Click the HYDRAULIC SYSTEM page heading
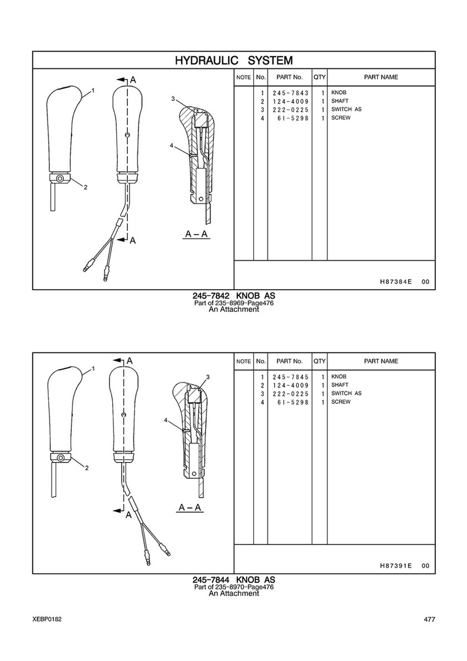pos(233,60)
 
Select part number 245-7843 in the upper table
pos(291,92)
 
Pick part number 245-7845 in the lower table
pos(291,377)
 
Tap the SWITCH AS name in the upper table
pos(346,110)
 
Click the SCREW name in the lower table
pos(341,402)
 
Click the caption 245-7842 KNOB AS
pos(233,296)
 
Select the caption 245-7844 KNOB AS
pos(233,580)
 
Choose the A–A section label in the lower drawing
pos(190,508)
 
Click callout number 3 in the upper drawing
pos(173,99)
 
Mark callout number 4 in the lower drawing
pos(166,421)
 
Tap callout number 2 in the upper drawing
pos(86,187)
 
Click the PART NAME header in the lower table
pos(381,361)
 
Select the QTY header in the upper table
pos(319,77)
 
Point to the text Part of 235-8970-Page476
pos(233,587)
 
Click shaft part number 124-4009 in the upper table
pos(291,101)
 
